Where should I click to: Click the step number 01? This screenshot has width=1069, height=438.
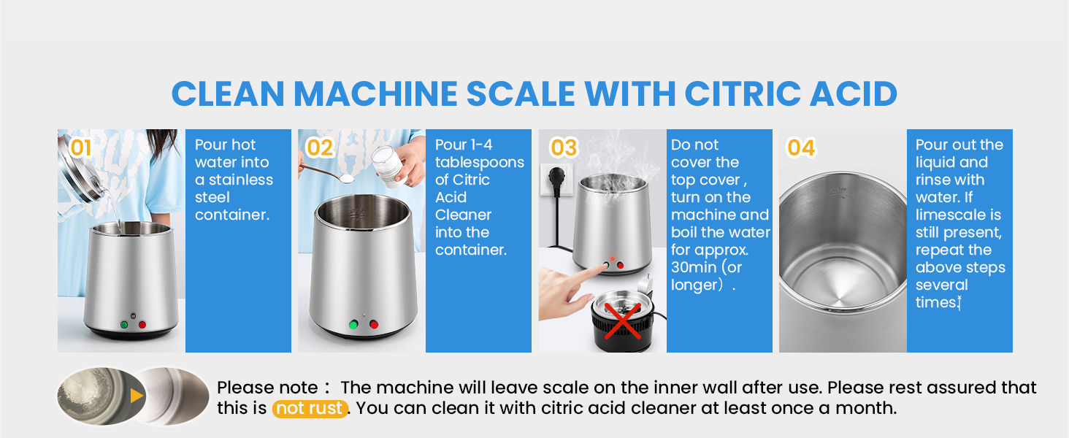pos(81,149)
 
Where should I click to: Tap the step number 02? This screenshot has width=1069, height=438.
pos(320,148)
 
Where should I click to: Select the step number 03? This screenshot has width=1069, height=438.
pos(564,148)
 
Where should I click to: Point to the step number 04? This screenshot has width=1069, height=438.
pos(801,148)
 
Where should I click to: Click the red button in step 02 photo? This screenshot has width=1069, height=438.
pos(374,324)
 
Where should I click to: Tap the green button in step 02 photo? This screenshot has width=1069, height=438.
pos(354,324)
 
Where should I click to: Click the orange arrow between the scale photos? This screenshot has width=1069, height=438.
pos(137,396)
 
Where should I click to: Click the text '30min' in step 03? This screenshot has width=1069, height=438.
pos(694,267)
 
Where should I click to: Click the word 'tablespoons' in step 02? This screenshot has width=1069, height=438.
pos(480,162)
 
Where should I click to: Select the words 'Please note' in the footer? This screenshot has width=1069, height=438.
pos(267,388)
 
